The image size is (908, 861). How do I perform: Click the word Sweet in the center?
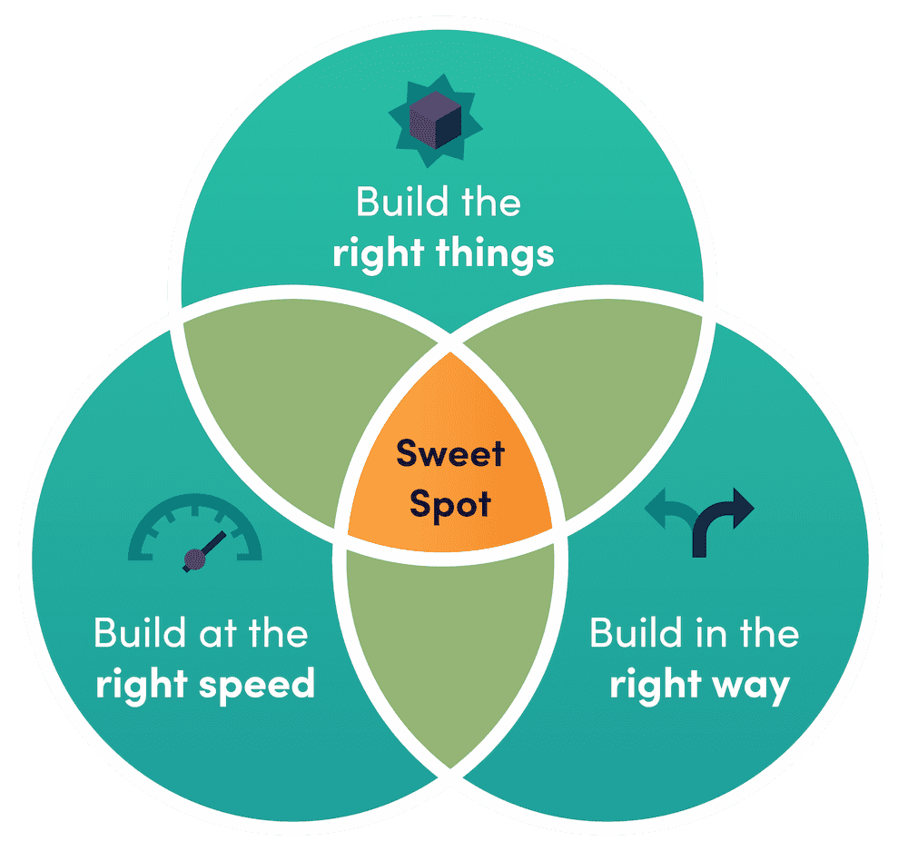pos(449,452)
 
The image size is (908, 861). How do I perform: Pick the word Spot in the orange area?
pos(449,502)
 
